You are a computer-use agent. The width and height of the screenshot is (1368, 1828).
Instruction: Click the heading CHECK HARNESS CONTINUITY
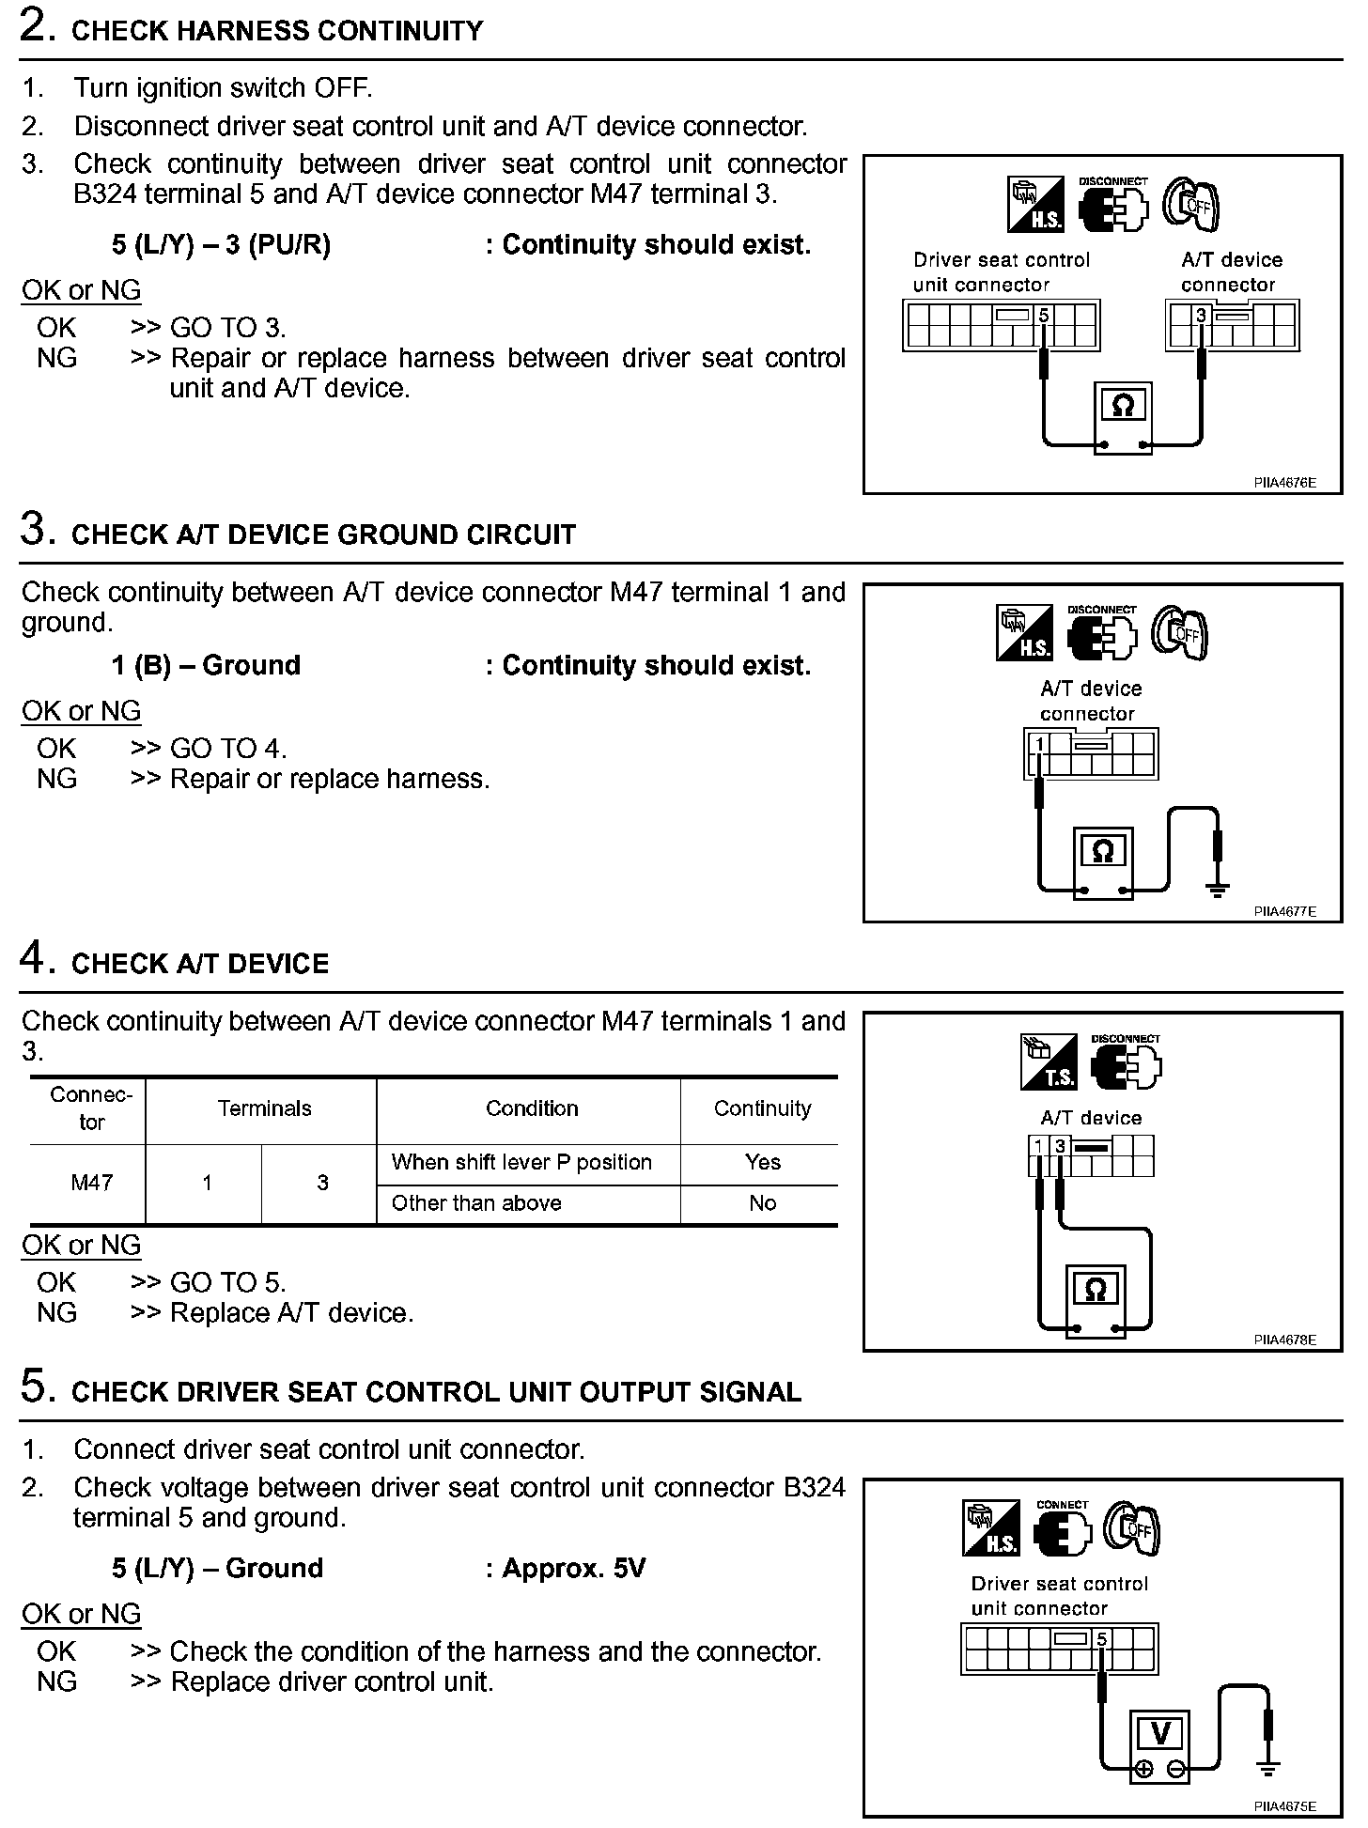tap(276, 31)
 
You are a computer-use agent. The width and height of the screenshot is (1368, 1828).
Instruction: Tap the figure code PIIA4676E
tap(1283, 483)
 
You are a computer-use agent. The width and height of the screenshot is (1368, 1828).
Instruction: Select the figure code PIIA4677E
tap(1283, 911)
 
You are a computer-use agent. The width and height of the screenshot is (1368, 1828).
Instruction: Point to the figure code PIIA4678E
tap(1283, 1340)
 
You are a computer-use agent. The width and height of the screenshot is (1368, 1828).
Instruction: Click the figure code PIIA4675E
tap(1283, 1805)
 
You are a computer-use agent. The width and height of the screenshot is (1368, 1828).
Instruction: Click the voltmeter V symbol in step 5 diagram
tap(1160, 1733)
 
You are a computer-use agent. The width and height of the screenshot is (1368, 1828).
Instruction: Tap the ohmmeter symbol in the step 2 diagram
tap(1123, 406)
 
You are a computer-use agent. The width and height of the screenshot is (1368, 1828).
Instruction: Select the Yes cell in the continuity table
tap(762, 1162)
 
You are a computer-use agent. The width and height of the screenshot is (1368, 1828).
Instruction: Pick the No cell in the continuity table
tap(762, 1203)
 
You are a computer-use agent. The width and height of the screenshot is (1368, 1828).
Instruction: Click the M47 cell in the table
tap(91, 1183)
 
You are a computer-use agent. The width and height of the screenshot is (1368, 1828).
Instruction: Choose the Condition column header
tap(532, 1108)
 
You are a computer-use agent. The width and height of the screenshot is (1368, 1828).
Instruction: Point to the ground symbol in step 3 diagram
tap(1218, 889)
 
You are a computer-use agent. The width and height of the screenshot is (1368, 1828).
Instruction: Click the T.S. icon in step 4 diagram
tap(1048, 1062)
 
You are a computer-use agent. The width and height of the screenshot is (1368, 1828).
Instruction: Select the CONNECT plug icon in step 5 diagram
tap(1062, 1528)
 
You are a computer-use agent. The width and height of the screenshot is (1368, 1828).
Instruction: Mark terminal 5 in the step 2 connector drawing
tap(1043, 317)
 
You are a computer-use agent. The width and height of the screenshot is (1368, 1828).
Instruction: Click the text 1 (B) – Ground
tap(206, 665)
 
